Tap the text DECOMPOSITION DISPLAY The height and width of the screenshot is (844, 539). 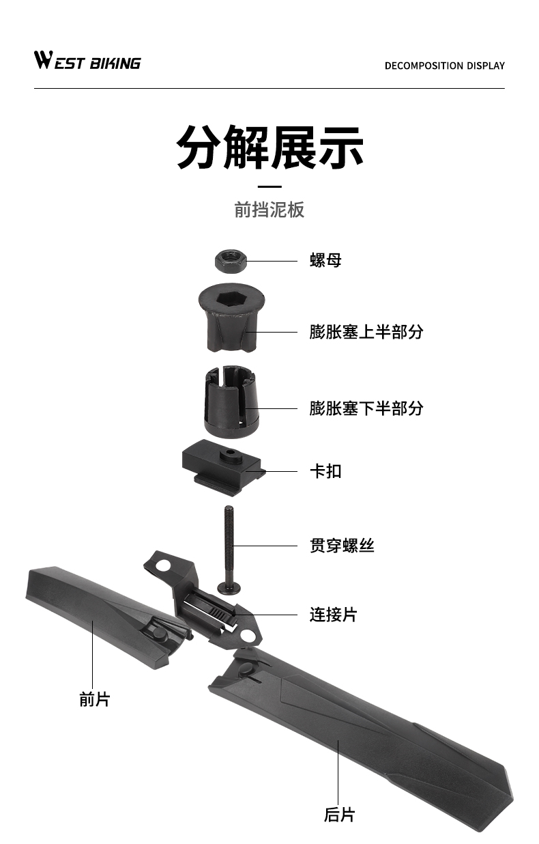444,66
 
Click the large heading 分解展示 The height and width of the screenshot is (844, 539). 269,146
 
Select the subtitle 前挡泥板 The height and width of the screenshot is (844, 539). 269,210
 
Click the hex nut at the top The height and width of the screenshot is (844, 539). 230,259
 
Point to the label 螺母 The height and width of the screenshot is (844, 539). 325,260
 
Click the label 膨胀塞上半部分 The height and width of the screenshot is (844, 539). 366,332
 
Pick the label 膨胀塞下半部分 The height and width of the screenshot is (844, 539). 366,408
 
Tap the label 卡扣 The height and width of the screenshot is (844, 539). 325,471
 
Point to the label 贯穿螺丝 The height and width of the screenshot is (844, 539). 342,546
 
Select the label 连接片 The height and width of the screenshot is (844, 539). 333,615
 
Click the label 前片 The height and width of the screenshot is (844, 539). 94,699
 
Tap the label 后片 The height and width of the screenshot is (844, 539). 339,815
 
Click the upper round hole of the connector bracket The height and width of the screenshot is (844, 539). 163,565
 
